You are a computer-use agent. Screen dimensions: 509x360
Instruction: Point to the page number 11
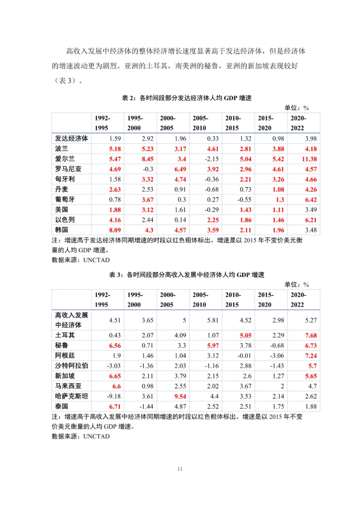(x=180, y=469)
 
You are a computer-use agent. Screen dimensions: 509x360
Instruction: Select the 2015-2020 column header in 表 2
(x=265, y=123)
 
